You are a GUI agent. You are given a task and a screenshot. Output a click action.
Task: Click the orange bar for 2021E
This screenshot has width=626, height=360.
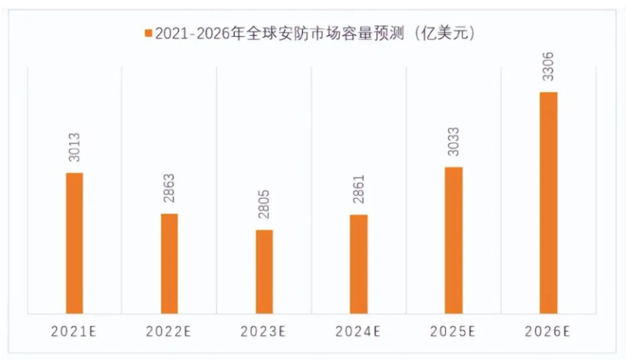pyautogui.click(x=74, y=243)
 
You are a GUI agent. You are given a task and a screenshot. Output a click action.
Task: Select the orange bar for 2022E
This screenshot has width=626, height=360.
pyautogui.click(x=170, y=263)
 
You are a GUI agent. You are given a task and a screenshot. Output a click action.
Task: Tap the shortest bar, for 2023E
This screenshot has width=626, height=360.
pyautogui.click(x=264, y=272)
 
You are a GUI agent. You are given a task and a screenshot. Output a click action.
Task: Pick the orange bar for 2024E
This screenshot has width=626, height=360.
pyautogui.click(x=359, y=264)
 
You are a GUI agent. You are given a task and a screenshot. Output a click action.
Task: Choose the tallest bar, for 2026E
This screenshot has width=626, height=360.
pyautogui.click(x=549, y=203)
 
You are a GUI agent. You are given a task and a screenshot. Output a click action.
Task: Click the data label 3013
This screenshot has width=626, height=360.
pyautogui.click(x=75, y=148)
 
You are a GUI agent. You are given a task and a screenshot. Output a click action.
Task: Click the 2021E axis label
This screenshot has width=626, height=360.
pyautogui.click(x=75, y=332)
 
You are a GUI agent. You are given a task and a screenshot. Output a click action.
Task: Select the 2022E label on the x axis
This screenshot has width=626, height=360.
pyautogui.click(x=170, y=332)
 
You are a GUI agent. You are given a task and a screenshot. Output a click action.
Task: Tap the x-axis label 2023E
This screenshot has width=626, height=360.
pyautogui.click(x=264, y=332)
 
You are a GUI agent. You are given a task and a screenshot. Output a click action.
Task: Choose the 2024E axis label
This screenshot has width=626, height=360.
pyautogui.click(x=359, y=332)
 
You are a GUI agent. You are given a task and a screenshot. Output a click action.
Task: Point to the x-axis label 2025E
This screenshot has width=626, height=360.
pyautogui.click(x=454, y=332)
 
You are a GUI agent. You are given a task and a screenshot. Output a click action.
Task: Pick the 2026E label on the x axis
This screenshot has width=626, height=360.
pyautogui.click(x=549, y=332)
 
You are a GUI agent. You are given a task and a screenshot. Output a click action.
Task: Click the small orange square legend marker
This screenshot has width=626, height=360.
pyautogui.click(x=147, y=34)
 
